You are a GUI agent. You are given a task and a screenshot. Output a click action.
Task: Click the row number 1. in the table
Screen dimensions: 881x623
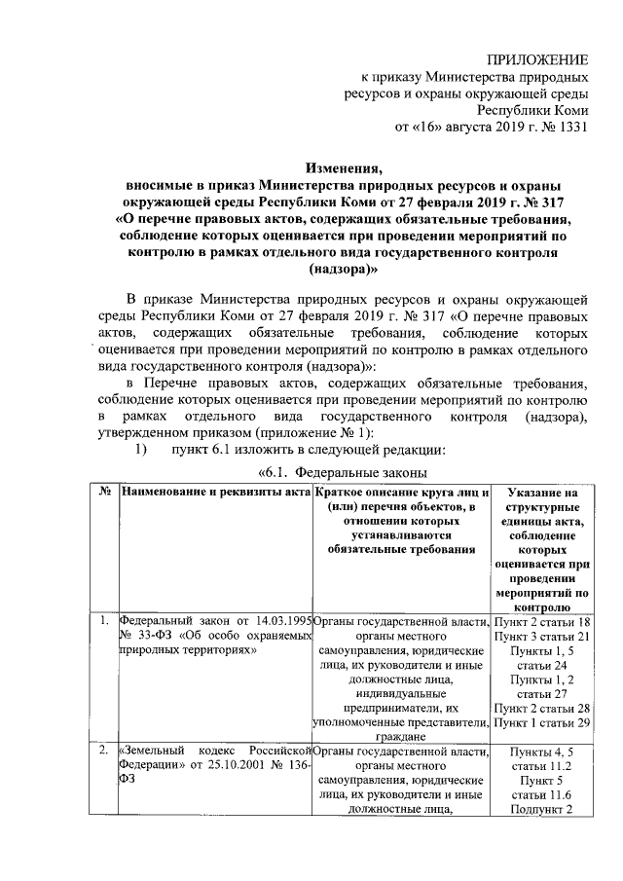(104, 620)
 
